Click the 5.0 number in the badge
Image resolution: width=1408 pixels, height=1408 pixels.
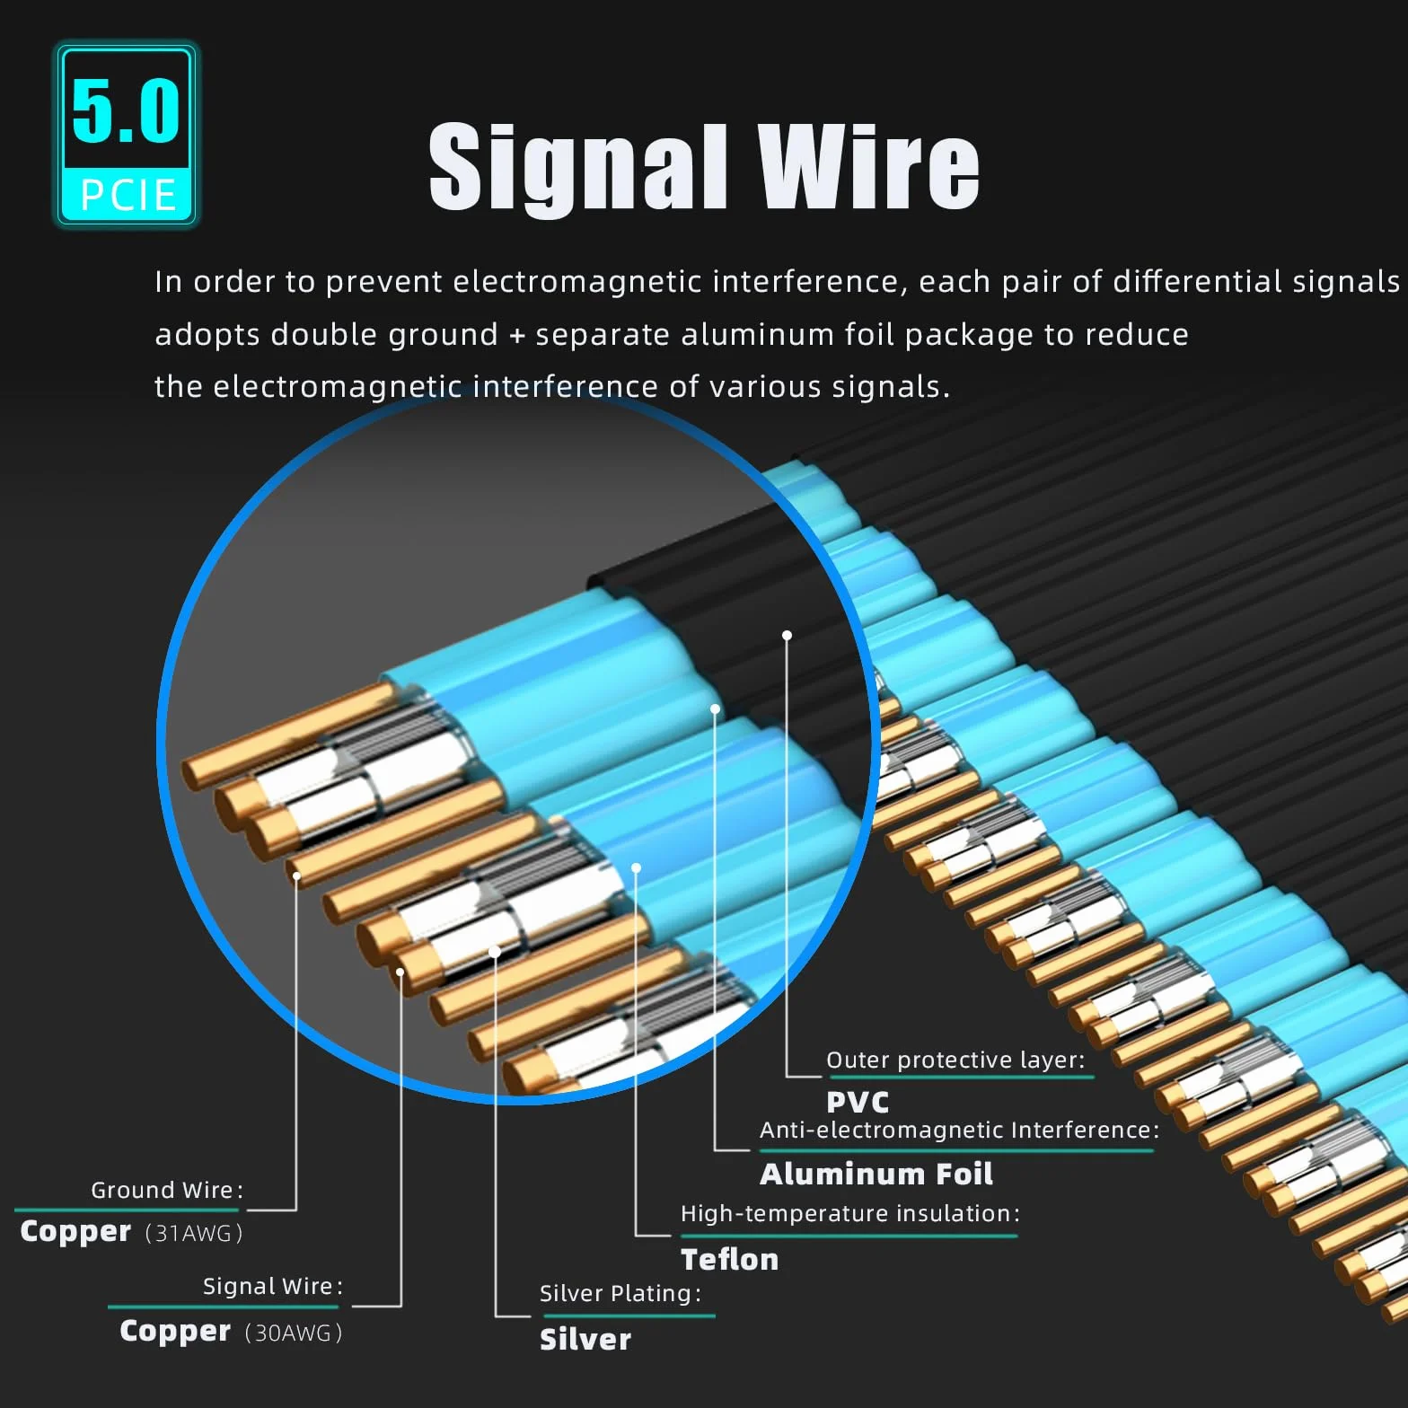tap(126, 110)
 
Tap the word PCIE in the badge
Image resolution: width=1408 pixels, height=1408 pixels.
tap(128, 195)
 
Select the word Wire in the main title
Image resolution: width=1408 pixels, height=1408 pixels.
tap(868, 167)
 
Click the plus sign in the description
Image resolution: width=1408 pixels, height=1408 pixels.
tap(516, 335)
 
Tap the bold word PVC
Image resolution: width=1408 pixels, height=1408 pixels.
tap(858, 1102)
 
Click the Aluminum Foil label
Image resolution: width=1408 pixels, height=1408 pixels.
tap(876, 1174)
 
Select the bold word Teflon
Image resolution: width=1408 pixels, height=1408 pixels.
tap(729, 1259)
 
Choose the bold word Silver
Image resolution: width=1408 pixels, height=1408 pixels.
tap(585, 1339)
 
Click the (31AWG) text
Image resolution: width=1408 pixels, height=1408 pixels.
tap(194, 1233)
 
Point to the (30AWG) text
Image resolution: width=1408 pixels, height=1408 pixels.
tap(294, 1333)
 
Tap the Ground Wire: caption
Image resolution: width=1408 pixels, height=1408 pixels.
tap(167, 1190)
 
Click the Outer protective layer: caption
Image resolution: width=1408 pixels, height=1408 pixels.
tap(955, 1060)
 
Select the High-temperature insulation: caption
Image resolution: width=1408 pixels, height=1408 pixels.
tap(850, 1214)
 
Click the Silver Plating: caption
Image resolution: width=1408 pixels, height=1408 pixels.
tap(620, 1293)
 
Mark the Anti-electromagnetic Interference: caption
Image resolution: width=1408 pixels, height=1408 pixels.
tap(960, 1130)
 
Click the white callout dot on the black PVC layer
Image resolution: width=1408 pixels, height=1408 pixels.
tap(787, 635)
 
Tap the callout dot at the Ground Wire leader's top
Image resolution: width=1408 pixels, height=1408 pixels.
tap(296, 876)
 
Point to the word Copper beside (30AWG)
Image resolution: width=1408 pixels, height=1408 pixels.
tap(175, 1331)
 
